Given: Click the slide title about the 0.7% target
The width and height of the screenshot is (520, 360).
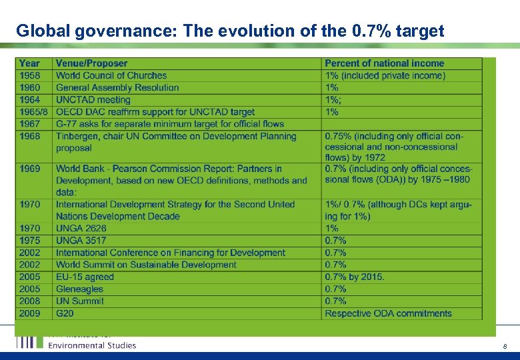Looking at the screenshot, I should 230,31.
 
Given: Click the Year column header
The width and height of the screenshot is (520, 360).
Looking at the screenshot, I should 29,63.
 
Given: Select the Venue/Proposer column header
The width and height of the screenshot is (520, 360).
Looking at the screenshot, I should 91,63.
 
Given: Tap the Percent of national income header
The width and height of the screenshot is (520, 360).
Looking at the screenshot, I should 384,63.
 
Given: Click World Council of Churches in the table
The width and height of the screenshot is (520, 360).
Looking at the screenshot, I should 111,75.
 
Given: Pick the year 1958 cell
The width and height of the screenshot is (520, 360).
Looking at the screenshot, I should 29,75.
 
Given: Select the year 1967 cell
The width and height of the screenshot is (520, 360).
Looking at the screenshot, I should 29,124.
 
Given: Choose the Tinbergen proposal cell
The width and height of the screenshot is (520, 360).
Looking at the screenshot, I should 176,142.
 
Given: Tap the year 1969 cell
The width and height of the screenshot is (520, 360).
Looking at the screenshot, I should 29,169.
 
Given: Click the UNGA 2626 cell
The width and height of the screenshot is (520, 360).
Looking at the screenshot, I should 81,228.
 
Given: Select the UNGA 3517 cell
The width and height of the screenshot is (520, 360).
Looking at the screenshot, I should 81,240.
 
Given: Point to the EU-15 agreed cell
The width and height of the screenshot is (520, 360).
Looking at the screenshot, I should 85,277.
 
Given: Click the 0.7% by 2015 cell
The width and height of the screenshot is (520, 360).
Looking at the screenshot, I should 355,277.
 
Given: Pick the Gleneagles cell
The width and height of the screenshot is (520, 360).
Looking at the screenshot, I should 79,289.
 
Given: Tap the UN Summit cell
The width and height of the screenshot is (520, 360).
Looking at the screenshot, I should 80,301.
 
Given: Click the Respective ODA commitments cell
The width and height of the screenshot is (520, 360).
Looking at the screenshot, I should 388,313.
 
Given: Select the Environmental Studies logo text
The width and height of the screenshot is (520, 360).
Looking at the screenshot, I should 92,345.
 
